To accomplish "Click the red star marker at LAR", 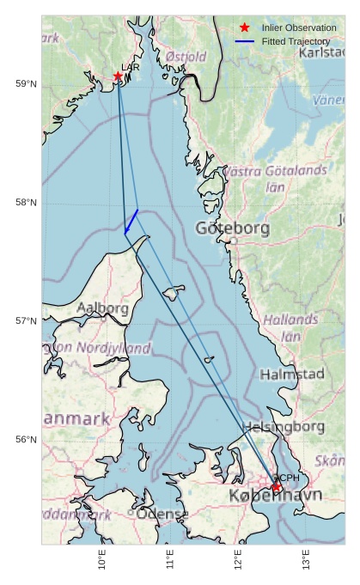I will [x=118, y=76].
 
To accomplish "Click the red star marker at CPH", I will [x=277, y=487].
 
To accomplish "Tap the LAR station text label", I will [x=130, y=67].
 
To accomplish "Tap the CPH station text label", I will [x=286, y=478].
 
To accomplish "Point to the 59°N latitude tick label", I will [x=26, y=83].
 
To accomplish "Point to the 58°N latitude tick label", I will [x=26, y=202].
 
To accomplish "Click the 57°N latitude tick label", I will [x=26, y=320].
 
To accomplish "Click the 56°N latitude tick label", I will [x=26, y=439].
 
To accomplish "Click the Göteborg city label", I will [x=232, y=229].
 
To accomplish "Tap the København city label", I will [x=275, y=497].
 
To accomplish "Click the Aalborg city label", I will [x=102, y=308].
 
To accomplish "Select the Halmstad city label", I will [x=292, y=375].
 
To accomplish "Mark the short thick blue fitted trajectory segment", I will [x=131, y=221].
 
